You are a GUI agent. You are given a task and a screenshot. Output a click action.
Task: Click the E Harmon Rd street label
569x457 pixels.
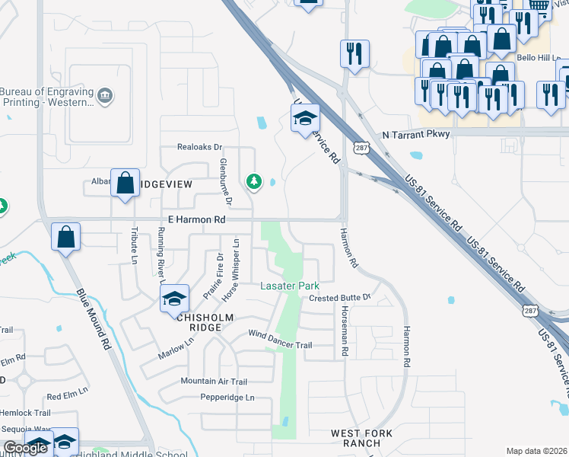196,219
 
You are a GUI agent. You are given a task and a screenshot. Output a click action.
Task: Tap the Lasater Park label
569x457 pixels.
289,285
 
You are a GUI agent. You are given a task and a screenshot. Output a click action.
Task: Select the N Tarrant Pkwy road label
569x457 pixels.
416,134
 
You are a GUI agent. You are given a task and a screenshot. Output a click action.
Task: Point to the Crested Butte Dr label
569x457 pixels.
339,297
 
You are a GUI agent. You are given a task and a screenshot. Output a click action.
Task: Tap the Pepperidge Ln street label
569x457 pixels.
227,398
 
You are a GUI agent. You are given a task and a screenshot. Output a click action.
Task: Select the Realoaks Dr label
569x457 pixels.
199,147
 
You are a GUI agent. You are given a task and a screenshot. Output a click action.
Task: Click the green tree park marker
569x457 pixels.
254,181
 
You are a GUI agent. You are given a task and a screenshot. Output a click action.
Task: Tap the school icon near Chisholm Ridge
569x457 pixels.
174,299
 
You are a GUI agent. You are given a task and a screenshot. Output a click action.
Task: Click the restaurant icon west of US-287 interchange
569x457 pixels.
354,53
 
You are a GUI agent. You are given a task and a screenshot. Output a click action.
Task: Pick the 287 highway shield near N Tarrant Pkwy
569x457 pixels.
361,147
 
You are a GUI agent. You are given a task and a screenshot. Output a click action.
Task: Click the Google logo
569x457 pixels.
25,448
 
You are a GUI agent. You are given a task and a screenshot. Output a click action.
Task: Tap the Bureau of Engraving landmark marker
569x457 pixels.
105,96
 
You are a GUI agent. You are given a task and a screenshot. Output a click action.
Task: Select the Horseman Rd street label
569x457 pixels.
345,337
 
